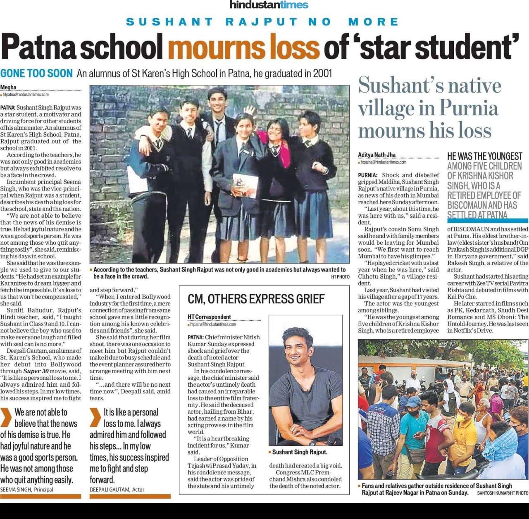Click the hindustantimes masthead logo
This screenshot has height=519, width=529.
[x=269, y=5]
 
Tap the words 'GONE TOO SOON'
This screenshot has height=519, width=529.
[x=36, y=74]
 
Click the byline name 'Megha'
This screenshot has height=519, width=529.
[x=8, y=87]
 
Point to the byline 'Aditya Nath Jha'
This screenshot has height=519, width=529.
[x=376, y=155]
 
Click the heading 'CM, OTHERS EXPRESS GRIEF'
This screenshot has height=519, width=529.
[x=256, y=299]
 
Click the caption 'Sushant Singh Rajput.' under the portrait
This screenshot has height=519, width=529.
[x=300, y=452]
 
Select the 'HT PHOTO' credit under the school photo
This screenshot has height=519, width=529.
[x=340, y=277]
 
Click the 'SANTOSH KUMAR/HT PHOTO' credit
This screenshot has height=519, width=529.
[x=503, y=493]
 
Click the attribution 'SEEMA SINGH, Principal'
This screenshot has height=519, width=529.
[x=27, y=490]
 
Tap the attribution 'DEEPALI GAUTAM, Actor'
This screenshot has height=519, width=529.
[x=117, y=490]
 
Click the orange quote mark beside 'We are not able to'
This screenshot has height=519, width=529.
[x=6, y=417]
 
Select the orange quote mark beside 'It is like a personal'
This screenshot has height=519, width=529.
[x=95, y=417]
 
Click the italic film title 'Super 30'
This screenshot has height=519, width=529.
[x=38, y=371]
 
